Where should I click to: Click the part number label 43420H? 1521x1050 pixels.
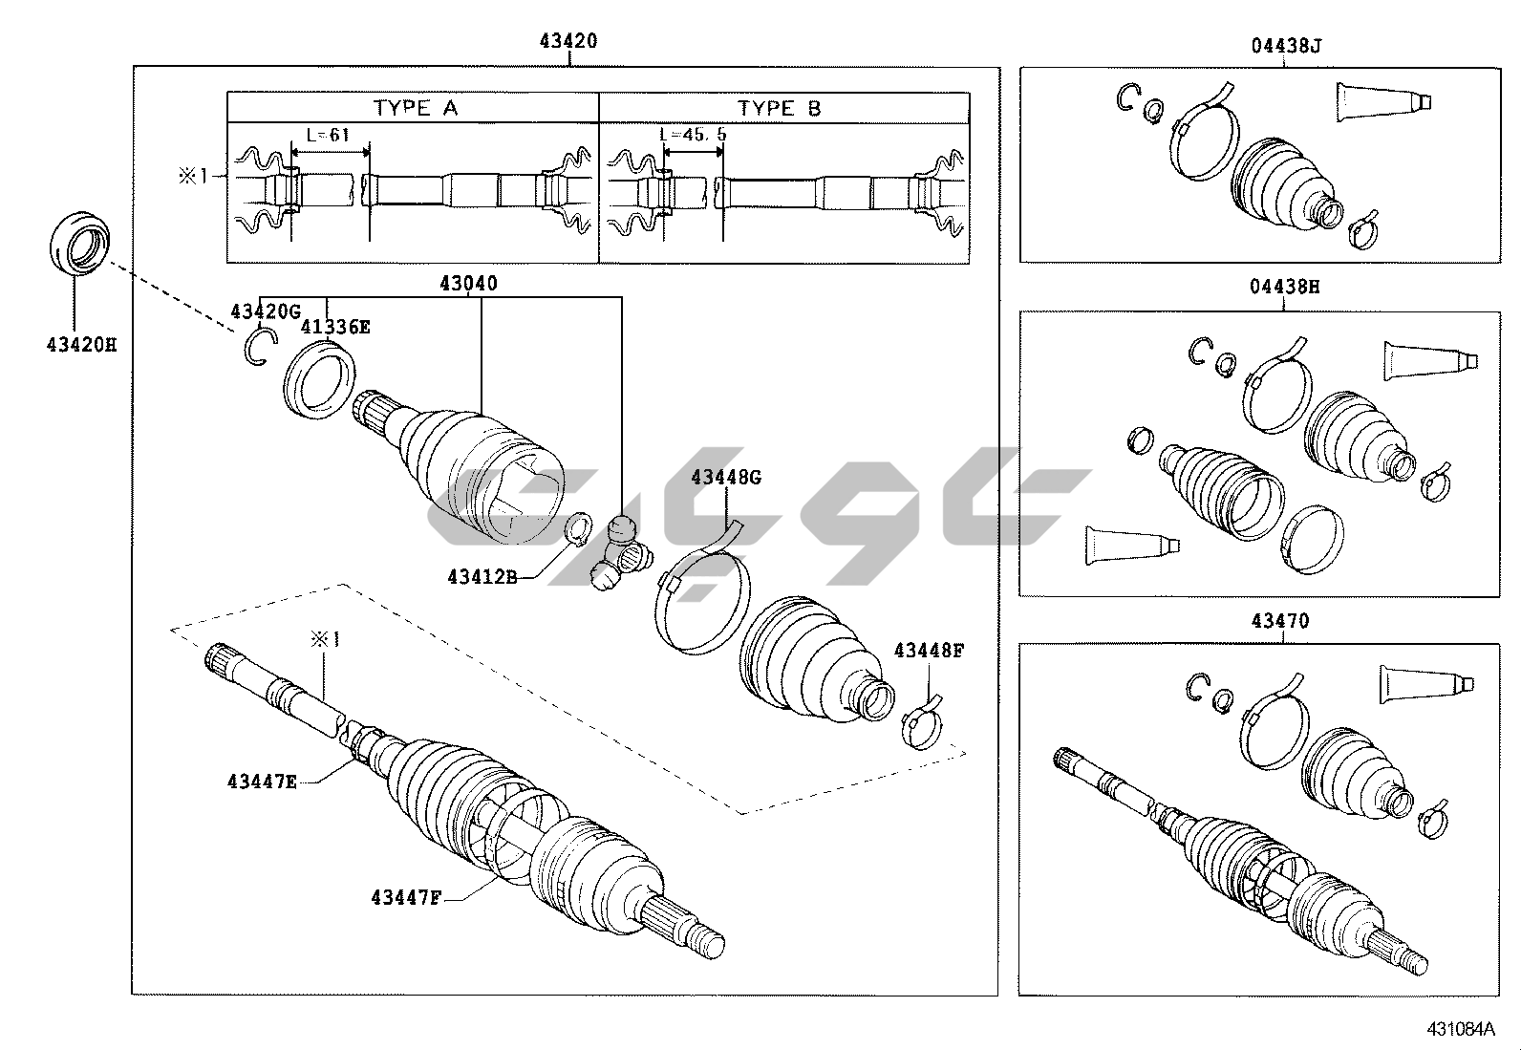[x=80, y=343]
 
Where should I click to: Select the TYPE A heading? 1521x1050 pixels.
[x=416, y=108]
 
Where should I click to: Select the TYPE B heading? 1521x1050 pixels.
[x=780, y=108]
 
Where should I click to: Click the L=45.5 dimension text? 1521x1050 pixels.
[x=693, y=135]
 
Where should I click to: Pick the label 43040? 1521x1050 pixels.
[x=468, y=283]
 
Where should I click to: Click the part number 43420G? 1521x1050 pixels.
[x=266, y=311]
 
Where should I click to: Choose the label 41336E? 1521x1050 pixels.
[x=335, y=327]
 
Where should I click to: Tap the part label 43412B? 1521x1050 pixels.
[x=482, y=576]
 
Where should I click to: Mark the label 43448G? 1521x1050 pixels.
[x=726, y=477]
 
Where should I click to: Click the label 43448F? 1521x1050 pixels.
[x=929, y=651]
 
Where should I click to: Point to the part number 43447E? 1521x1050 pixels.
[x=262, y=782]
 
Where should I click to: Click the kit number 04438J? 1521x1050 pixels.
[x=1285, y=44]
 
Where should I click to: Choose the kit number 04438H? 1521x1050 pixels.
[x=1285, y=286]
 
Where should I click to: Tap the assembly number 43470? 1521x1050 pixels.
[x=1280, y=621]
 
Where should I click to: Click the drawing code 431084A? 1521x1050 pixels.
[x=1459, y=1029]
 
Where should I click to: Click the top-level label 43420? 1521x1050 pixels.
[x=568, y=41]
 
